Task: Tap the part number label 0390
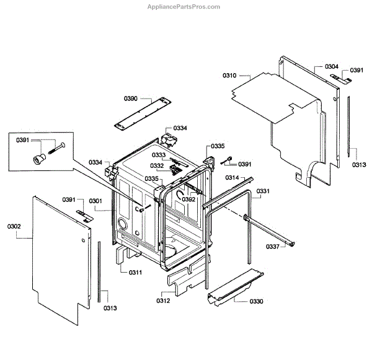coord(130,99)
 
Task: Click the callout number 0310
coord(229,76)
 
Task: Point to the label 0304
coord(331,66)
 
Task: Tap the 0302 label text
coord(14,227)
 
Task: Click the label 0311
coord(136,273)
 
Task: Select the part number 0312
coord(163,301)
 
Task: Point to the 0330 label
coord(256,301)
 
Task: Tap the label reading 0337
coord(273,246)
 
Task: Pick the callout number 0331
coord(263,191)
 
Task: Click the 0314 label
coord(232,178)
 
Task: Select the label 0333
coord(159,155)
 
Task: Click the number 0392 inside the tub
coord(188,200)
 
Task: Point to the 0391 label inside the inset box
coord(23,141)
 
